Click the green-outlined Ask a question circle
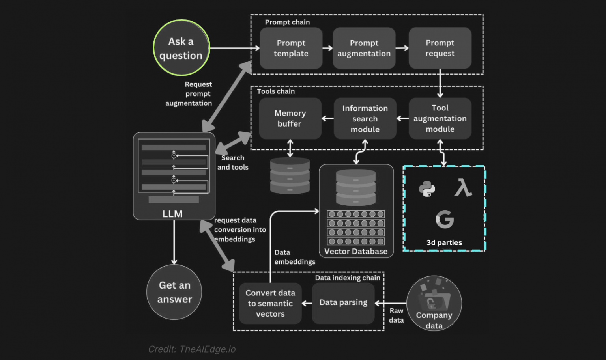click(x=181, y=48)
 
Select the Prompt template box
click(x=291, y=48)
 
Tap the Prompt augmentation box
click(x=364, y=48)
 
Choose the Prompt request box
click(x=440, y=48)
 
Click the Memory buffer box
click(x=290, y=118)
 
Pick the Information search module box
click(x=365, y=118)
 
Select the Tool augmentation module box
click(x=440, y=118)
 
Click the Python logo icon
click(x=427, y=189)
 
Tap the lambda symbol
click(x=463, y=187)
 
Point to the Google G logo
click(x=445, y=219)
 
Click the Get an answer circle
click(x=174, y=292)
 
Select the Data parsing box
click(x=343, y=303)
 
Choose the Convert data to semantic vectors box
click(x=270, y=303)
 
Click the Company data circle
click(x=434, y=303)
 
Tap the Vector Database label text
click(x=356, y=252)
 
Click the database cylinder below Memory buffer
click(x=290, y=175)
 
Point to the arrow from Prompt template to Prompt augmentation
click(x=327, y=48)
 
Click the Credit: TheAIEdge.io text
click(x=192, y=349)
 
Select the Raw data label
click(x=396, y=315)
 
